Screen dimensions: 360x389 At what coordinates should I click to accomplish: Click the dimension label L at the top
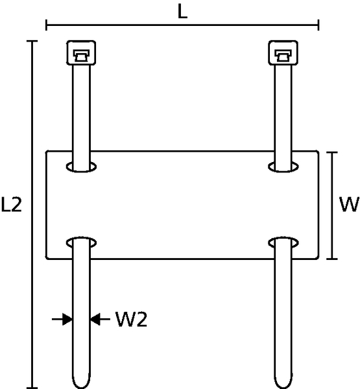[x=182, y=12]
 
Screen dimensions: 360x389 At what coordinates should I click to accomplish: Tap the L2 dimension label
[x=12, y=204]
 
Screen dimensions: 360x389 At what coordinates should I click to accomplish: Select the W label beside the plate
[x=350, y=204]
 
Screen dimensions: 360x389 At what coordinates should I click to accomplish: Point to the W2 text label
[x=132, y=319]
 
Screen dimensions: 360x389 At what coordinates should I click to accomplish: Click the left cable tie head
[x=81, y=53]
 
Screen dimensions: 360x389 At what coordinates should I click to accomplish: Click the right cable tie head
[x=283, y=53]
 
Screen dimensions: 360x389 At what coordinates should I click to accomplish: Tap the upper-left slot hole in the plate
[x=81, y=167]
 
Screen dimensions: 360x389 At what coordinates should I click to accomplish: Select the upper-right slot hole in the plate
[x=283, y=167]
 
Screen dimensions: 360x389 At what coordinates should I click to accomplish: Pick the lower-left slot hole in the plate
[x=81, y=242]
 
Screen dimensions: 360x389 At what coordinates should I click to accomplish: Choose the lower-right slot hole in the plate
[x=283, y=242]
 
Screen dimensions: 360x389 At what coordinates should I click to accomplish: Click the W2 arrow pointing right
[x=62, y=319]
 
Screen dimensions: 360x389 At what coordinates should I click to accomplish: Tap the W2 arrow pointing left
[x=100, y=319]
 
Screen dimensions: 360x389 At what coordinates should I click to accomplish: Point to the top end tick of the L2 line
[x=32, y=41]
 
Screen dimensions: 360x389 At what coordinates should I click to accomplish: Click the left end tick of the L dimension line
[x=47, y=25]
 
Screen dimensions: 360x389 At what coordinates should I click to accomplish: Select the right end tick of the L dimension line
[x=318, y=25]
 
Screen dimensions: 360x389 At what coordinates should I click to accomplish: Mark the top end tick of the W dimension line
[x=332, y=152]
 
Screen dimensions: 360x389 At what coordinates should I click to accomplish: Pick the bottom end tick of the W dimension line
[x=332, y=259]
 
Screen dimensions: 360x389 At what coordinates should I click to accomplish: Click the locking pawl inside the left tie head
[x=81, y=56]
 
